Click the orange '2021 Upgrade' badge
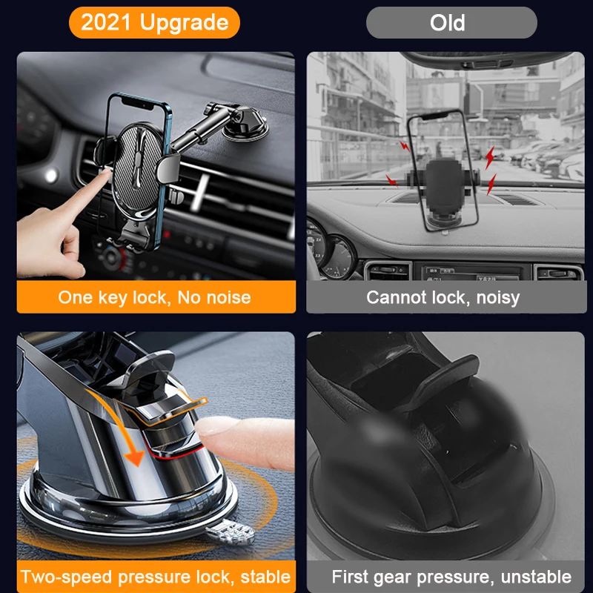(x=154, y=22)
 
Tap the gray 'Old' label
(x=451, y=22)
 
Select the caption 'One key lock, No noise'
(x=154, y=297)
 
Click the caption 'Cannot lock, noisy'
(x=443, y=297)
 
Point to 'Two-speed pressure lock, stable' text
(x=155, y=576)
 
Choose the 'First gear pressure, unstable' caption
(x=451, y=576)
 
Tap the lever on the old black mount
(x=452, y=371)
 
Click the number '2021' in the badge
(x=105, y=22)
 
